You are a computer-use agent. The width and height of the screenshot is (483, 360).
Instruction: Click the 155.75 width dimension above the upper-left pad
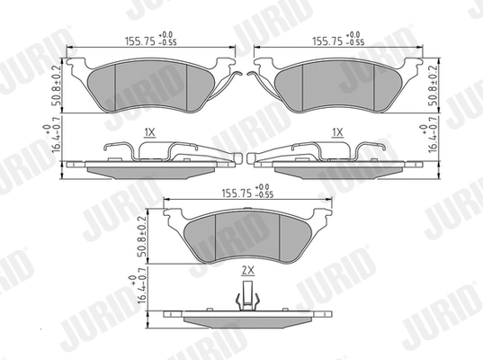click(x=139, y=40)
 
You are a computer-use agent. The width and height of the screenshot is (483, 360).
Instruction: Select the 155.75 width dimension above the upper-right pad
click(x=329, y=40)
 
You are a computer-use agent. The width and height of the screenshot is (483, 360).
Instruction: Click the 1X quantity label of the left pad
click(x=149, y=131)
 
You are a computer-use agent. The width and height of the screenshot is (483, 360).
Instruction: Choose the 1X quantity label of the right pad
click(x=337, y=131)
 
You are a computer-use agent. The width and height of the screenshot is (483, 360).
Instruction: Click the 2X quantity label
click(x=246, y=271)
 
